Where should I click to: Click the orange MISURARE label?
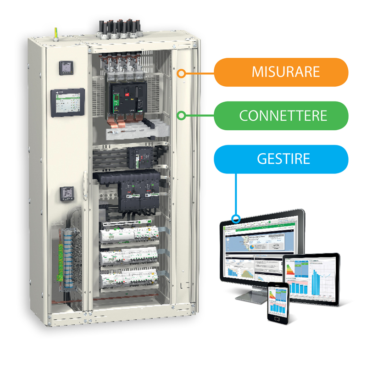281,72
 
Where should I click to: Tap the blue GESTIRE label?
281,159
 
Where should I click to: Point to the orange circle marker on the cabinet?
182,72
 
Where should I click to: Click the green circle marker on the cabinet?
182,115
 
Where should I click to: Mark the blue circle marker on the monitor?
236,218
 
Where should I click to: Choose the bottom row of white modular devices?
129,278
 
